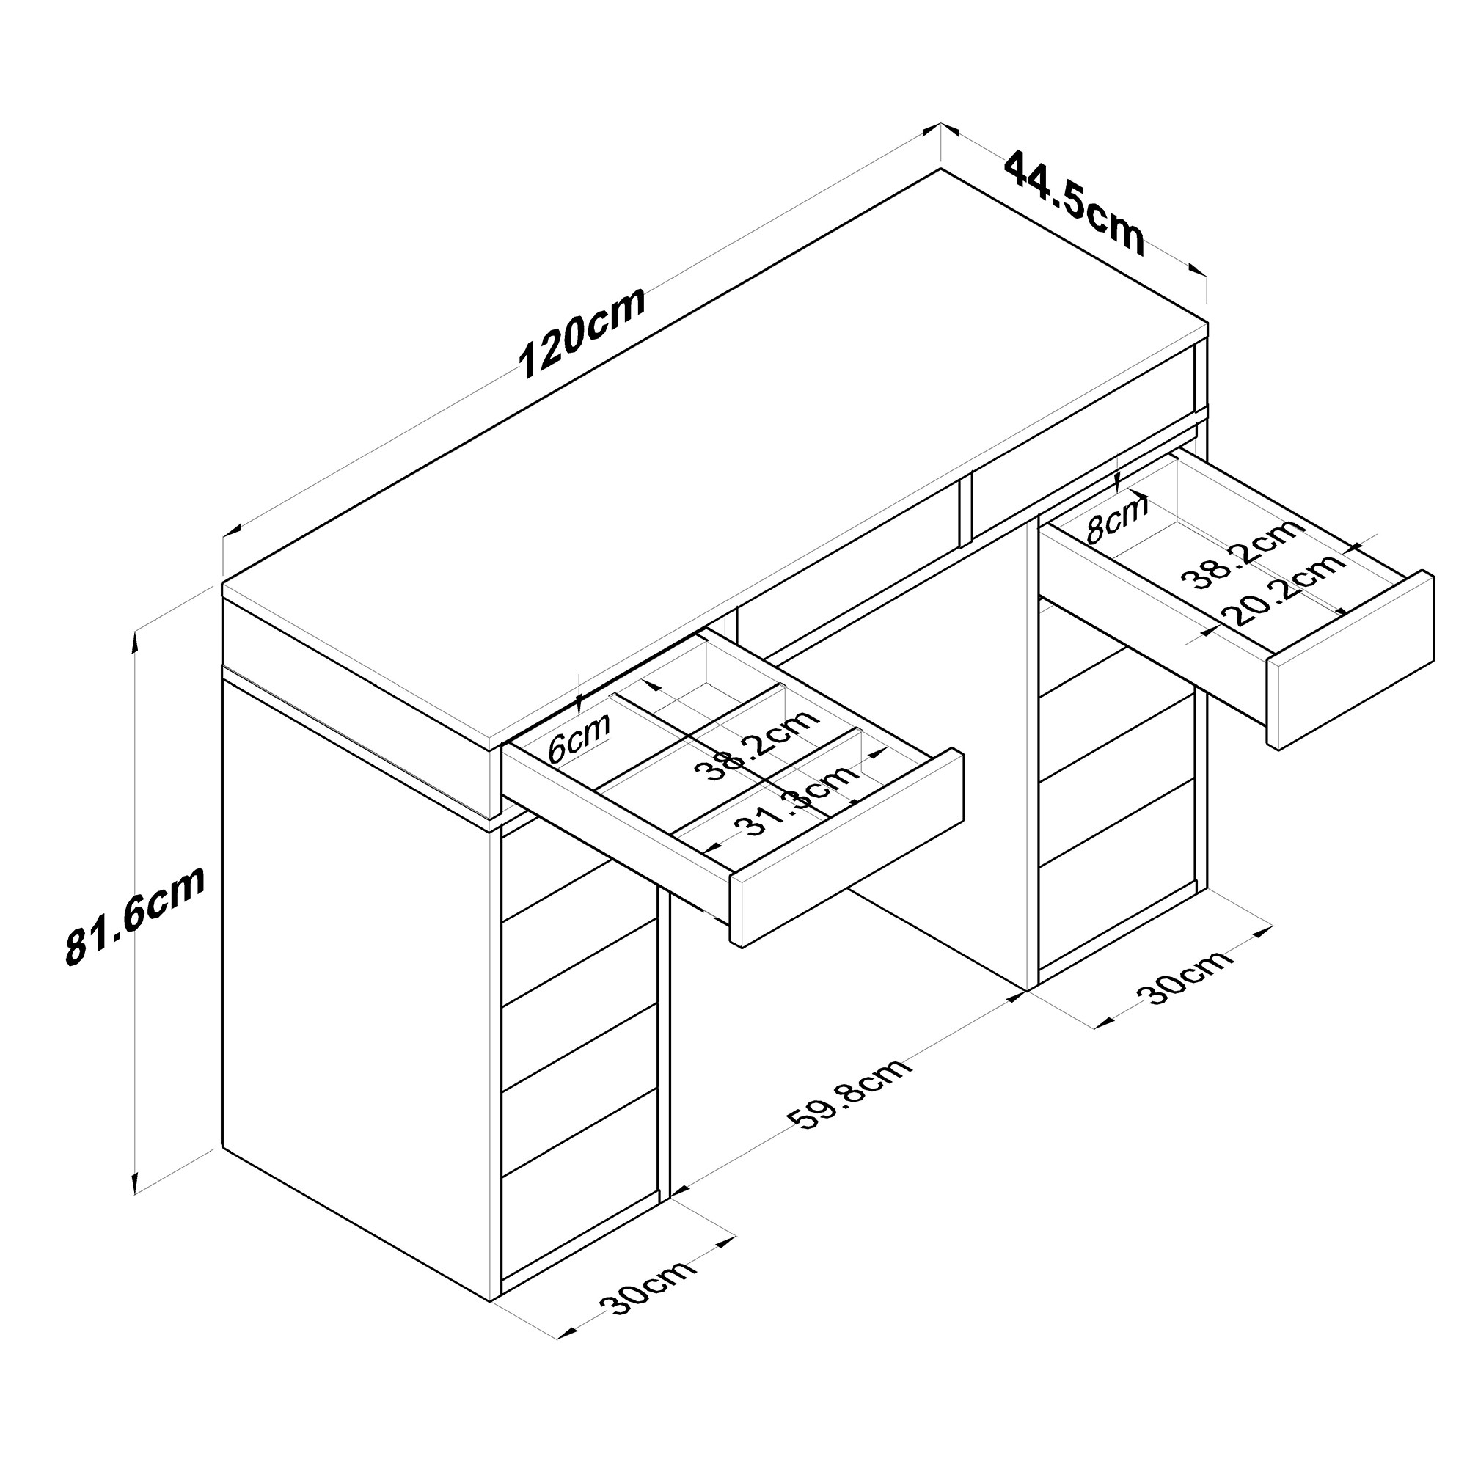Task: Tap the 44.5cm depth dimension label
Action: click(1074, 203)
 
